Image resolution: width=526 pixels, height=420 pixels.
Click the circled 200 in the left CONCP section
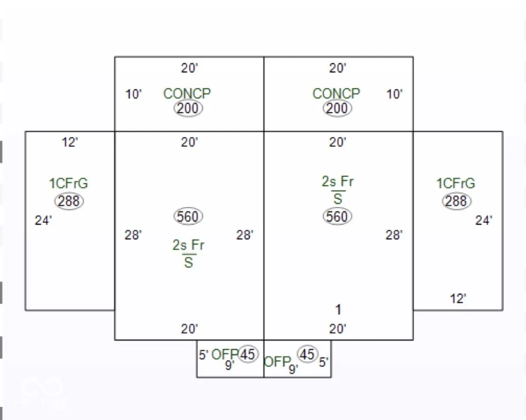coord(188,109)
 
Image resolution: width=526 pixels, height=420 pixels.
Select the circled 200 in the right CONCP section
coord(337,109)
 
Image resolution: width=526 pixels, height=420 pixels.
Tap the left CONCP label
coord(187,93)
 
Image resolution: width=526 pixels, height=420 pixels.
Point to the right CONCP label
coord(336,93)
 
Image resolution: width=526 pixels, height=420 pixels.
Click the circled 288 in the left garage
coord(69,201)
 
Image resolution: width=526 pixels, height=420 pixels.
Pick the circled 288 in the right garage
coord(456,201)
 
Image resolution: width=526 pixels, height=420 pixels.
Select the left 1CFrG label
coord(69,183)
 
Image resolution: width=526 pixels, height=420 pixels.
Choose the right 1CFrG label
coord(456,183)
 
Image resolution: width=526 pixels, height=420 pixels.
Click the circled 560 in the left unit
coord(188,217)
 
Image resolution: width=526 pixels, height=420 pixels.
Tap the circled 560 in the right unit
coord(338,217)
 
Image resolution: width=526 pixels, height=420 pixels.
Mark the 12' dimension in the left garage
coord(70,142)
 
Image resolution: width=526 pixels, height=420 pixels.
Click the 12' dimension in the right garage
coord(458,299)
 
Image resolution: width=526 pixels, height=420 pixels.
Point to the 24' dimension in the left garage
coord(43,220)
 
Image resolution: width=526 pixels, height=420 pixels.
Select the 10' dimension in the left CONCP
coord(133,94)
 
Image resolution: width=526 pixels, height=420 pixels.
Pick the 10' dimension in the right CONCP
coord(395,94)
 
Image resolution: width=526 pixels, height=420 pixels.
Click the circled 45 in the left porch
coord(248,354)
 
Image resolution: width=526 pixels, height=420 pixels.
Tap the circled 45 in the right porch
coord(307,354)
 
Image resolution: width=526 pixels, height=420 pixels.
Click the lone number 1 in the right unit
coord(338,310)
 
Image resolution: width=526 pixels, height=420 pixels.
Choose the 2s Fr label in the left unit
coord(188,245)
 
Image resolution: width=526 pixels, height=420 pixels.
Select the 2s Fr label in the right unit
coord(338,182)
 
